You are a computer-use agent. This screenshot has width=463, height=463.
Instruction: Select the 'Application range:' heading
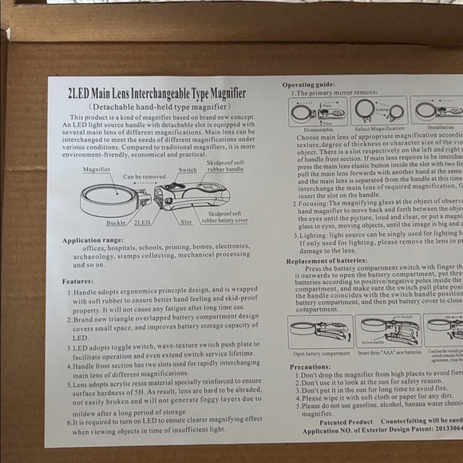(93, 240)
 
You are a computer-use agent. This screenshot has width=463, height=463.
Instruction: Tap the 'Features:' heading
(77, 281)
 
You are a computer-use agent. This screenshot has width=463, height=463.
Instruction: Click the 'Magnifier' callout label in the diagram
(97, 169)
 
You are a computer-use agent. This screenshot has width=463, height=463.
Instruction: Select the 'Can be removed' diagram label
(144, 176)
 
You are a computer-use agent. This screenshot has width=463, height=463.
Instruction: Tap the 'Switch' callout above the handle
(188, 170)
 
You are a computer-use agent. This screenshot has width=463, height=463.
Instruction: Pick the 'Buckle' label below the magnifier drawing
(116, 223)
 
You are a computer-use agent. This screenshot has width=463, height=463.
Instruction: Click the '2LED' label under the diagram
(143, 223)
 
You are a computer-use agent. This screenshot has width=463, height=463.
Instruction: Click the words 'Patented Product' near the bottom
(346, 421)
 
